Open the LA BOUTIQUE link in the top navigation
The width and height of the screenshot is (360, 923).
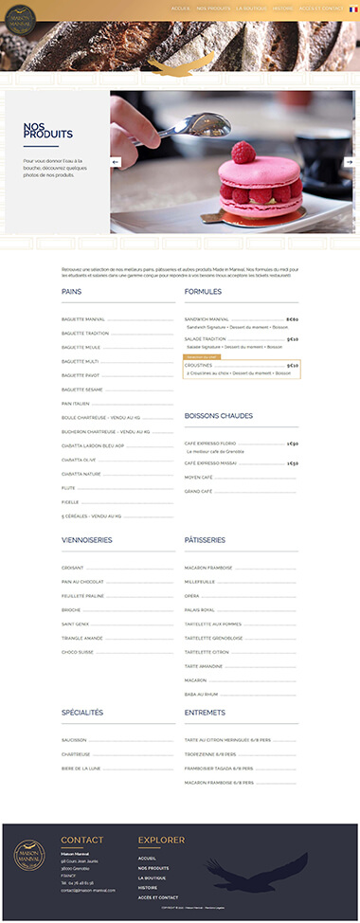point(251,9)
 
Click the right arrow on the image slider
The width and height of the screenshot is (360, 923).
point(349,162)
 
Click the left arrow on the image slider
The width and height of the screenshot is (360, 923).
point(117,162)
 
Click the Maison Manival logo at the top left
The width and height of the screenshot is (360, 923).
point(18,21)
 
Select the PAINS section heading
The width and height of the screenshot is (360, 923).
point(72,292)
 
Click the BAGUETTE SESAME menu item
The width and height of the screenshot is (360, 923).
point(81,389)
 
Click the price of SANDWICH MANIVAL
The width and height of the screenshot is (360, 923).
point(292,319)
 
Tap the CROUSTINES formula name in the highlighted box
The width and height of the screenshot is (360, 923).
point(199,365)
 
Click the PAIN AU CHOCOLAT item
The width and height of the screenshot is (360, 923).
point(82,581)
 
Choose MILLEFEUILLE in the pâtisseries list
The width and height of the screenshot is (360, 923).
point(202,581)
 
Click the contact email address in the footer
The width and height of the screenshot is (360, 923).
point(88,891)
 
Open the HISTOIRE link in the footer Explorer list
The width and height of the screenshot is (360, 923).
point(148,887)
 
